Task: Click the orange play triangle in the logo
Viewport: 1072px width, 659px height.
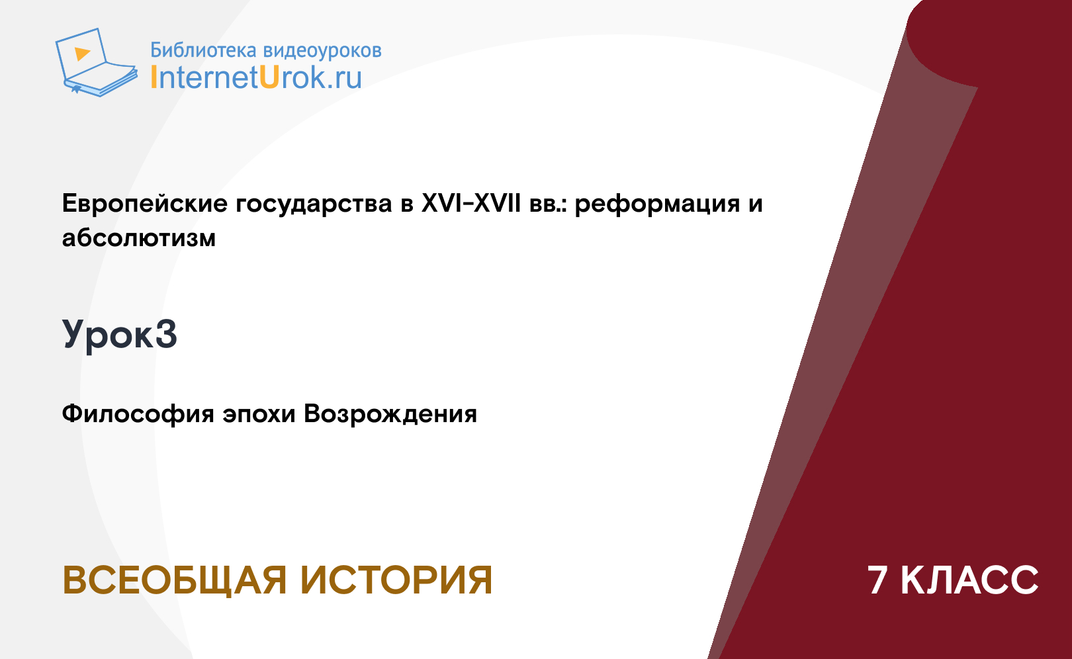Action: [82, 54]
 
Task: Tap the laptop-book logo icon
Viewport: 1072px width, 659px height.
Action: [97, 62]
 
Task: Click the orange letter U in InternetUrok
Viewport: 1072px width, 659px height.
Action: [270, 77]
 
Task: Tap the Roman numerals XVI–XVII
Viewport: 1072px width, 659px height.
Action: [471, 203]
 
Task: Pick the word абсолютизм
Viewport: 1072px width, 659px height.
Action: [139, 238]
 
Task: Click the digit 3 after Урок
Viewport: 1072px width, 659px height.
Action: [166, 333]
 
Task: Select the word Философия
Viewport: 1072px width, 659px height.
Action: [138, 414]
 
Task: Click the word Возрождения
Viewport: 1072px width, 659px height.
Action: [390, 414]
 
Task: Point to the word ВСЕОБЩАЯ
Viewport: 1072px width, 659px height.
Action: [174, 580]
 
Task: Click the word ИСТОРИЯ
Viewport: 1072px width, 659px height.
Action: [396, 580]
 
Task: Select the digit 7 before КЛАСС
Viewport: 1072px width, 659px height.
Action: [877, 580]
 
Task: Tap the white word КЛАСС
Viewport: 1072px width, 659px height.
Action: [969, 580]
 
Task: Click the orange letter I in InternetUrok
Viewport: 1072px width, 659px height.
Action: [154, 77]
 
